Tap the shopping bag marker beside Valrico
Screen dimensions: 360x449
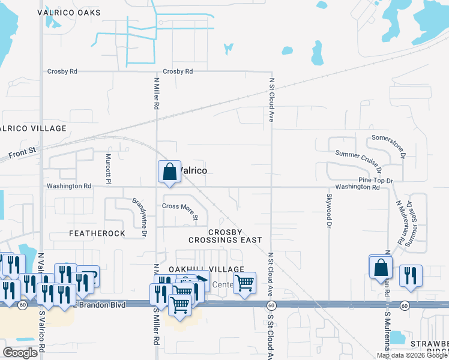170,172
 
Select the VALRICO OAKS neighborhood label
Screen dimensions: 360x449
69,12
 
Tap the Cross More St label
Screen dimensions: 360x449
180,211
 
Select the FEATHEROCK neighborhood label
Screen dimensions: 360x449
97,233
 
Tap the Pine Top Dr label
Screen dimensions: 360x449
375,180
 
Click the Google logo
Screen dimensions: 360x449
20,353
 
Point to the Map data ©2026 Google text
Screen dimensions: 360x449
412,355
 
